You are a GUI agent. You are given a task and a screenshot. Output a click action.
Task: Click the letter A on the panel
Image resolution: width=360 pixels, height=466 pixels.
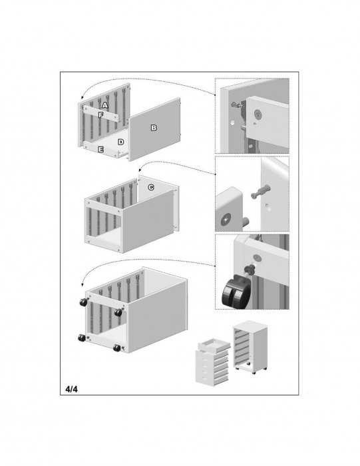104,105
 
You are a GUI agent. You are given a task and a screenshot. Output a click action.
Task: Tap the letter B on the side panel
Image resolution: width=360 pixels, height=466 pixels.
154,128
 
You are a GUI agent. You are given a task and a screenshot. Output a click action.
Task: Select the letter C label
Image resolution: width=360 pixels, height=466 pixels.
151,187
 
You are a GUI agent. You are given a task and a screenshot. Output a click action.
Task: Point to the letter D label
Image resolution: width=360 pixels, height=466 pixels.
120,142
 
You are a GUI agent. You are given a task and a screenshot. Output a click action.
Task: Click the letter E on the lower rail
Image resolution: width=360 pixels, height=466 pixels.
100,150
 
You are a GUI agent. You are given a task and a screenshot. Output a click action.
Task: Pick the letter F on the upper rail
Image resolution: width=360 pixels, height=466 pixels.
100,115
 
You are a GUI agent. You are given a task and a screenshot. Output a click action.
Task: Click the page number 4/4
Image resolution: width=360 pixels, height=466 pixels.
72,389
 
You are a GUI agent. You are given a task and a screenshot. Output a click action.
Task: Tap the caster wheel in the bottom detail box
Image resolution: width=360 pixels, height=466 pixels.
235,293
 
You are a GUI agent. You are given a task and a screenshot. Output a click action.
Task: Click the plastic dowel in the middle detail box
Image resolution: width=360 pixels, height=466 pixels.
260,191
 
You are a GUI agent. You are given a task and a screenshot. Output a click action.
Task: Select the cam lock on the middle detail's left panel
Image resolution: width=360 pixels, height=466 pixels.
226,220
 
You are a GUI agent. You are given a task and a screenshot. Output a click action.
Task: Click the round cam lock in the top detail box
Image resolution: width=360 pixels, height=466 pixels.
258,114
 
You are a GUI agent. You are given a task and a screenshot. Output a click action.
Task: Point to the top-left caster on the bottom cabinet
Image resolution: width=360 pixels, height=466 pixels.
83,302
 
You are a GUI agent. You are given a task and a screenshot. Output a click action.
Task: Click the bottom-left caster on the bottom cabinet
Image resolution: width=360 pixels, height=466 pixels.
81,338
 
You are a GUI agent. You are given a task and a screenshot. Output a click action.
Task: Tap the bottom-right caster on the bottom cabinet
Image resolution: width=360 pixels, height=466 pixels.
116,348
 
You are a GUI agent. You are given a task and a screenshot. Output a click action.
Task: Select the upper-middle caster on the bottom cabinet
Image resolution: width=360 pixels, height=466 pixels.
118,312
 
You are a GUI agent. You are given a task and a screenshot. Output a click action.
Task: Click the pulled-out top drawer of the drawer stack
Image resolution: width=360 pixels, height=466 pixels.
214,345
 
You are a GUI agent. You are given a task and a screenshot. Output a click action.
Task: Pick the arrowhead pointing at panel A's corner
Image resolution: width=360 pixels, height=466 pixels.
82,98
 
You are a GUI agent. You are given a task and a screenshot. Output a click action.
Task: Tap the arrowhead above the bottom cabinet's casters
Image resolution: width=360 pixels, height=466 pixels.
83,285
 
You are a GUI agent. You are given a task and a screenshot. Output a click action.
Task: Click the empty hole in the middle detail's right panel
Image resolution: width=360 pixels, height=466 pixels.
268,206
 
